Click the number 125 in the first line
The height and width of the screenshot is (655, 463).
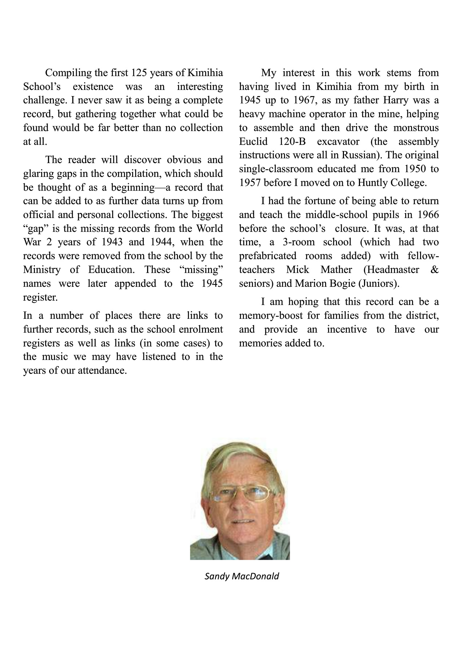click(138, 73)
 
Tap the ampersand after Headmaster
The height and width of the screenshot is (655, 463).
click(435, 270)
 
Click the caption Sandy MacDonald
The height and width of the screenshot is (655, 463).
click(242, 576)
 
